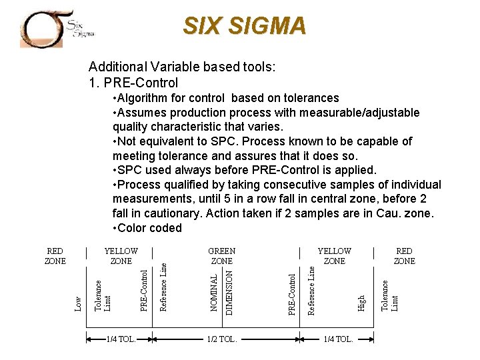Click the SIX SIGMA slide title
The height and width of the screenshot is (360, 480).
245,26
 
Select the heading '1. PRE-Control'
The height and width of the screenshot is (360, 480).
133,83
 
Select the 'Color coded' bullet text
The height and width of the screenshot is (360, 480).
147,228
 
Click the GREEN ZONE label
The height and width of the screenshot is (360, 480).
222,256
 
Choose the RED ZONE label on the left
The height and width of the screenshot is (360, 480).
55,256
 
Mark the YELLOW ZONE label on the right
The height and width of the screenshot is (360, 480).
334,256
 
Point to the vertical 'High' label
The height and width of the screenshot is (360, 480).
361,302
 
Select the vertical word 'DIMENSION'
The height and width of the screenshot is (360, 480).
229,290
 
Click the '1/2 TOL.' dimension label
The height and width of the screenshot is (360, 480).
222,339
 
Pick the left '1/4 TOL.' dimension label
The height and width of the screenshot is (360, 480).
121,339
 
